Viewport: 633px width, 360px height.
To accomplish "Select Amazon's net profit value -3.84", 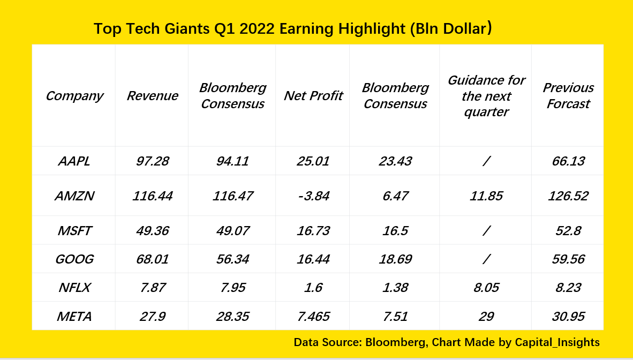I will point(313,196).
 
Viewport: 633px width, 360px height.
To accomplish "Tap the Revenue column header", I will point(152,96).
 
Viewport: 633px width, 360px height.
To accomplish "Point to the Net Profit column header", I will point(313,96).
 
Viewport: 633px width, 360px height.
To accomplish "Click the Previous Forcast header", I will point(568,96).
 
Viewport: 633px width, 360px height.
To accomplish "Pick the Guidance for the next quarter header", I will point(486,96).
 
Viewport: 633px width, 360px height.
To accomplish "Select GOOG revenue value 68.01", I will point(152,259).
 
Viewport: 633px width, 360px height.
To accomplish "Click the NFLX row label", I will point(74,288).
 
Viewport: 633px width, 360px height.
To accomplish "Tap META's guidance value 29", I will point(486,317).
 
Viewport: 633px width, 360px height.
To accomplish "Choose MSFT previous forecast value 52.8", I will point(568,231).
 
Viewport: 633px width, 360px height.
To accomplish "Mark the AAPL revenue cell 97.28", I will point(152,161).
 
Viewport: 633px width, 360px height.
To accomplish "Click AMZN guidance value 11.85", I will point(486,196).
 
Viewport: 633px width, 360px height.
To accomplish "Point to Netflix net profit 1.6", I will point(313,288).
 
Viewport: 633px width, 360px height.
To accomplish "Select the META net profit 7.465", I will point(313,317).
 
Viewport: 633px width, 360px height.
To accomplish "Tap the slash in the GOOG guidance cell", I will point(486,259).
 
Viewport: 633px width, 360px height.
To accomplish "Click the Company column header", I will point(74,96).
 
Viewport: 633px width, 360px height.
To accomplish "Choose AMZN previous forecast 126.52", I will point(568,196).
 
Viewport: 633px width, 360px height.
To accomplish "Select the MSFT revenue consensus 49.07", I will point(232,231).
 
